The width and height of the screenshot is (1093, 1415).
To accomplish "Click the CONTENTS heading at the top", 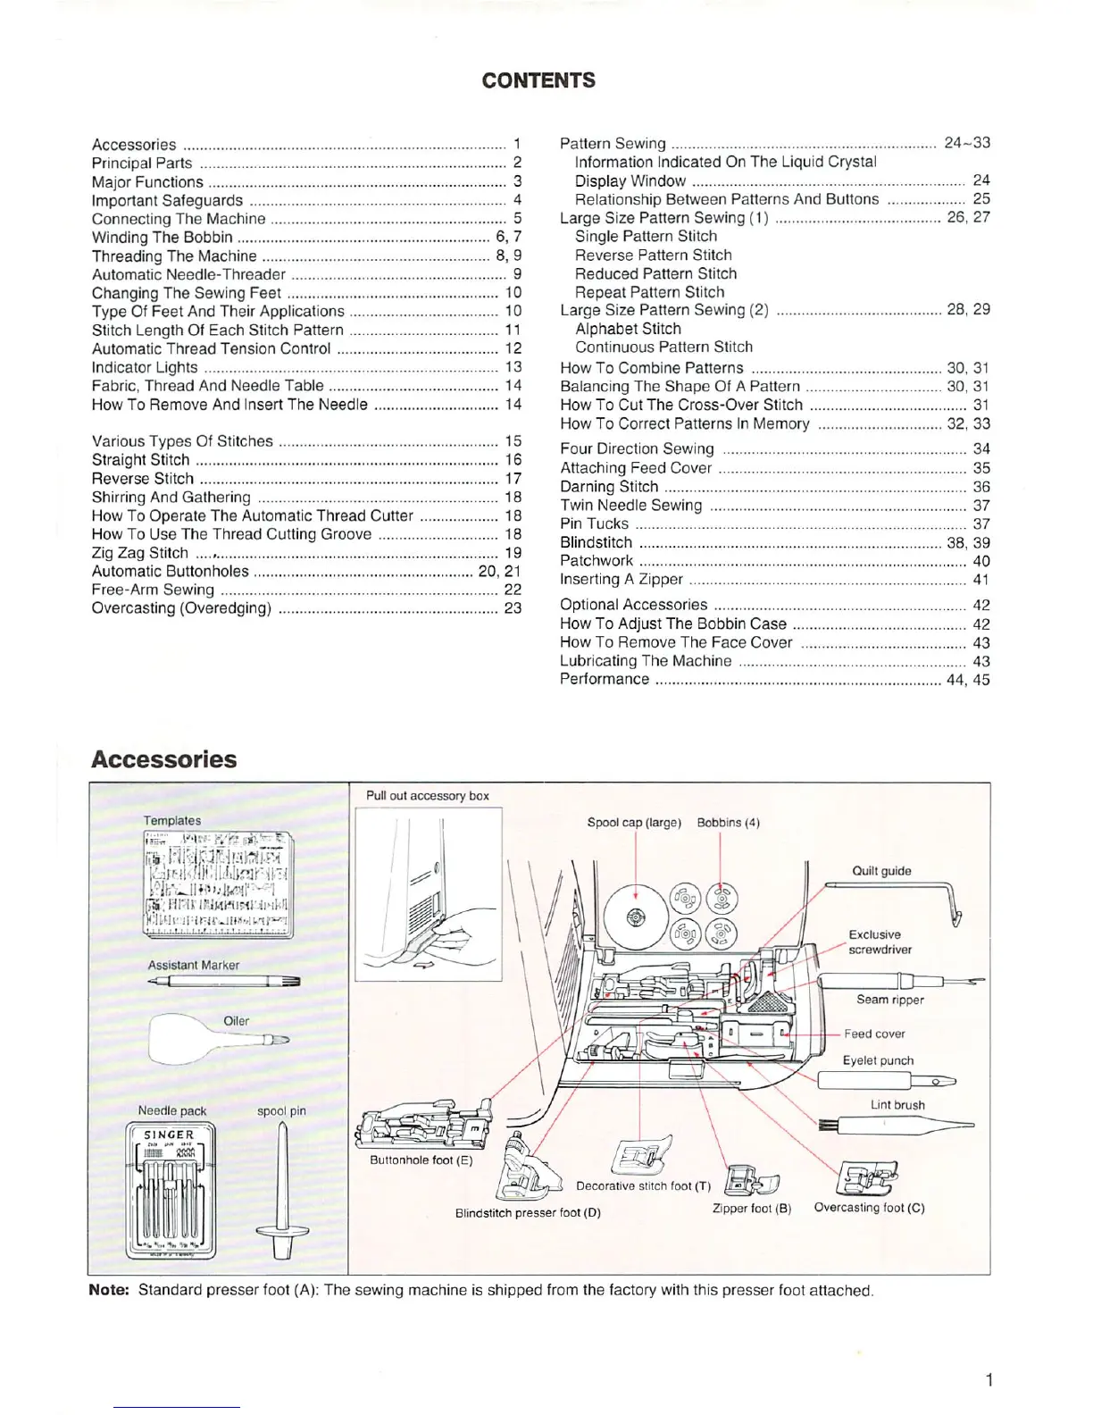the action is pyautogui.click(x=538, y=80).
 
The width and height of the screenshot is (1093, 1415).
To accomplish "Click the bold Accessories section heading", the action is pyautogui.click(x=163, y=759).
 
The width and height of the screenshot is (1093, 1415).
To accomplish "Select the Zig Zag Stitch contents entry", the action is pyautogui.click(x=139, y=553).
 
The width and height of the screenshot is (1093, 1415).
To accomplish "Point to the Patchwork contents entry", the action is pyautogui.click(x=596, y=561).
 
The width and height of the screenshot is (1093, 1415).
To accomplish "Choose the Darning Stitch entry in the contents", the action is pyautogui.click(x=608, y=487).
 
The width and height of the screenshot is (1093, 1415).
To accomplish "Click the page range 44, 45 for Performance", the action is pyautogui.click(x=967, y=680).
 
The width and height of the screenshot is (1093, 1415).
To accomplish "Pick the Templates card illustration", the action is pyautogui.click(x=218, y=883).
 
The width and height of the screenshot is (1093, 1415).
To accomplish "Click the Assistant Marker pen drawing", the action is pyautogui.click(x=225, y=981).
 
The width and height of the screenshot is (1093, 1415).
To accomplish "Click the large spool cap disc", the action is pyautogui.click(x=635, y=917).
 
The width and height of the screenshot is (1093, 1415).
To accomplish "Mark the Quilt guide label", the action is pyautogui.click(x=881, y=871).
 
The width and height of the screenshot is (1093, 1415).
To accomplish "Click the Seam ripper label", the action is pyautogui.click(x=889, y=1000).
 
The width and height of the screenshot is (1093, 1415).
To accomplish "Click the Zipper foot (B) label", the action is pyautogui.click(x=751, y=1209).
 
